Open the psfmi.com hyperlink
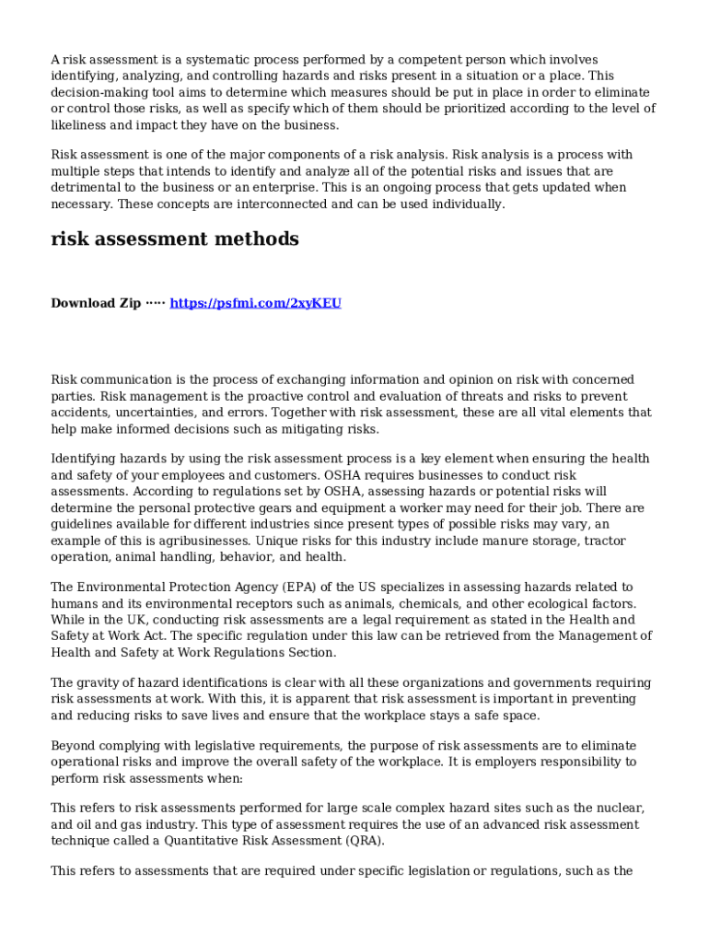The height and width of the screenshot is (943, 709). pyautogui.click(x=256, y=303)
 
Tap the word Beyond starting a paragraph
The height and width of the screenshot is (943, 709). pyautogui.click(x=73, y=746)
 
